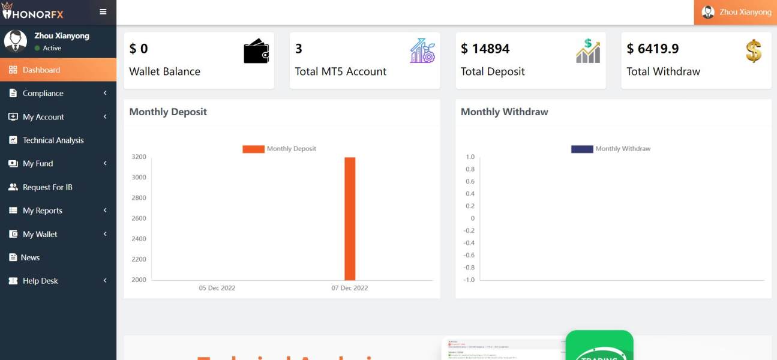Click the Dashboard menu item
41,70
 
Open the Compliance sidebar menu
43,94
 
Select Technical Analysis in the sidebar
53,140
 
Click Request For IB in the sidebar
47,187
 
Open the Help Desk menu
40,281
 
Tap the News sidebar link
30,257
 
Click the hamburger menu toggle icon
103,11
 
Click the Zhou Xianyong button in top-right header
736,12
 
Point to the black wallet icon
256,51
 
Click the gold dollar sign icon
754,51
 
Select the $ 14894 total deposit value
485,49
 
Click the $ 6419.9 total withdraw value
653,49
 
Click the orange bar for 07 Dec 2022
350,218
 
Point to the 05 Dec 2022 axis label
217,288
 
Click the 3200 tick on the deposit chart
139,157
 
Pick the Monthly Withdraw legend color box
582,149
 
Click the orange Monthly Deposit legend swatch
253,149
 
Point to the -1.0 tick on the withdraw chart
469,280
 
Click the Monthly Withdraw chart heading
504,112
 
